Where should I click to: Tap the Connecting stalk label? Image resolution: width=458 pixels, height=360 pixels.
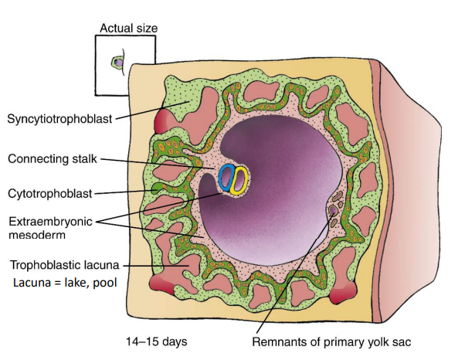pos(53,159)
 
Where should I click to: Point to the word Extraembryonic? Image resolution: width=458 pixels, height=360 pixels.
pos(50,221)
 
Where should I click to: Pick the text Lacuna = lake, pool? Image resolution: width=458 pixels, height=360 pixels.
pos(65,282)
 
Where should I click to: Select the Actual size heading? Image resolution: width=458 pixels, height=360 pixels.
pos(128,29)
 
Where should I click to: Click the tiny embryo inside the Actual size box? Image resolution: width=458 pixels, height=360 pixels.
pos(119,60)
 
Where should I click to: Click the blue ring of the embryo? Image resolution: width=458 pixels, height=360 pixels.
pos(225,178)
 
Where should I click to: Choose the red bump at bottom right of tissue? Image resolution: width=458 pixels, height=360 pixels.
pos(342,295)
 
